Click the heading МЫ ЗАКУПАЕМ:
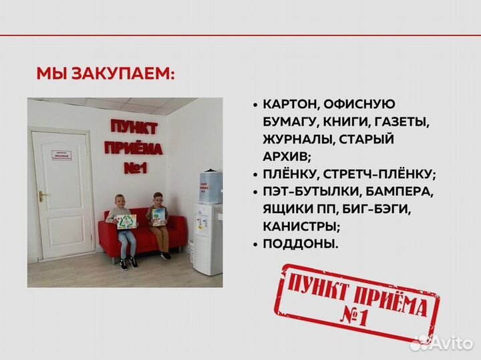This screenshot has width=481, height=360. (x=105, y=73)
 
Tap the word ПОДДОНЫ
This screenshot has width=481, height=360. (x=301, y=244)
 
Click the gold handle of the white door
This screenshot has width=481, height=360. (x=42, y=196)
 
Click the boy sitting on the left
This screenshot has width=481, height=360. (x=122, y=228)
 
